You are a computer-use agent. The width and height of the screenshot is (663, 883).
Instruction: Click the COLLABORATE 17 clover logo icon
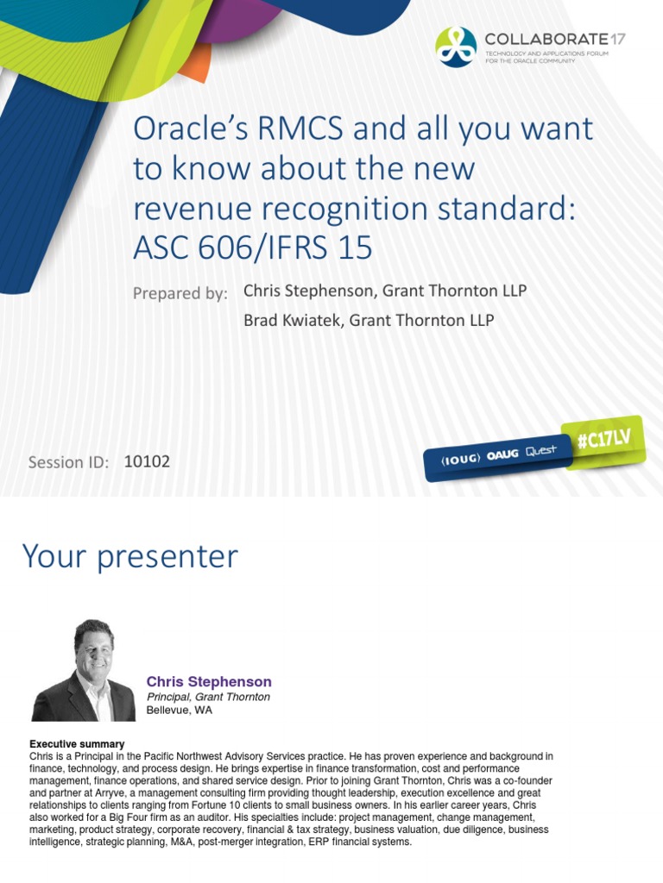[x=456, y=47]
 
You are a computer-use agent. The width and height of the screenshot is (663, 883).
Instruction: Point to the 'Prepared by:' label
[x=180, y=293]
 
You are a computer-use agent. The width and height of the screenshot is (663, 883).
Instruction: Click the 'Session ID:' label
[x=68, y=462]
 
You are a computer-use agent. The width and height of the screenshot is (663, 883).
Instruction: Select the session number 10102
[x=147, y=461]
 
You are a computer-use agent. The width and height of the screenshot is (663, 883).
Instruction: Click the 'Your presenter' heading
[x=129, y=556]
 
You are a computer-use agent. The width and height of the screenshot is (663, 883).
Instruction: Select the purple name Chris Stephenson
[x=209, y=681]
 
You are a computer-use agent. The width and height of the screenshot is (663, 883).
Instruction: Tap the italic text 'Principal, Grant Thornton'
[x=208, y=697]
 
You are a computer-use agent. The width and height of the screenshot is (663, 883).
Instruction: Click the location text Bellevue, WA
[x=179, y=711]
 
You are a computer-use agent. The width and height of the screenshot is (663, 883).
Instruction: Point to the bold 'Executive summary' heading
[x=77, y=743]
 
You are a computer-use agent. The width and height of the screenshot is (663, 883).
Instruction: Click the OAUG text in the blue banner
[x=502, y=455]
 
